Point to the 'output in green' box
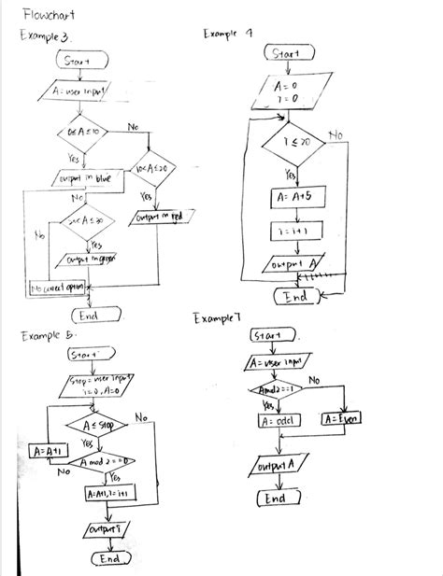(x=92, y=259)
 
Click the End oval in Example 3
(x=90, y=316)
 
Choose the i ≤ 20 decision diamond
(x=290, y=140)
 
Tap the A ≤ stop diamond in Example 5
(x=92, y=425)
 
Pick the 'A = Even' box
(x=344, y=419)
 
